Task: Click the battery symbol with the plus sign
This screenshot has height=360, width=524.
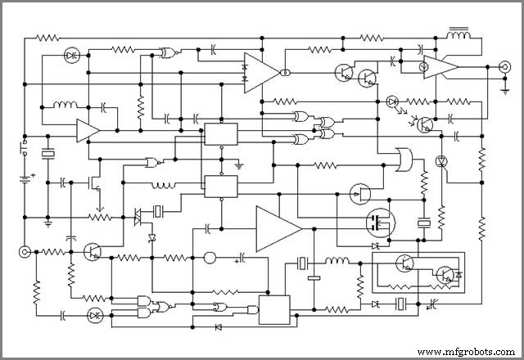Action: pyautogui.click(x=25, y=178)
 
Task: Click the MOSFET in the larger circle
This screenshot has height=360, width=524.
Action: pyautogui.click(x=379, y=221)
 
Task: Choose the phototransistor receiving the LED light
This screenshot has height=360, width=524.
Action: pyautogui.click(x=425, y=124)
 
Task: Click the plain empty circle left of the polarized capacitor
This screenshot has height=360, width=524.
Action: pyautogui.click(x=209, y=258)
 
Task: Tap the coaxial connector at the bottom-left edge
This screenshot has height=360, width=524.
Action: pyautogui.click(x=25, y=252)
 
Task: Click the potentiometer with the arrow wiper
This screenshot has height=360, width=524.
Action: pyautogui.click(x=101, y=216)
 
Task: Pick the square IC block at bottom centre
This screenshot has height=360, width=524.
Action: pyautogui.click(x=274, y=308)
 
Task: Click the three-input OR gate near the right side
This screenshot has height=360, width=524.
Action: pyautogui.click(x=404, y=160)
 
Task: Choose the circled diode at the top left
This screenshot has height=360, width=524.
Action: pyautogui.click(x=70, y=56)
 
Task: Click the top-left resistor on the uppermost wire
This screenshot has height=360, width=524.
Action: pyautogui.click(x=48, y=38)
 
